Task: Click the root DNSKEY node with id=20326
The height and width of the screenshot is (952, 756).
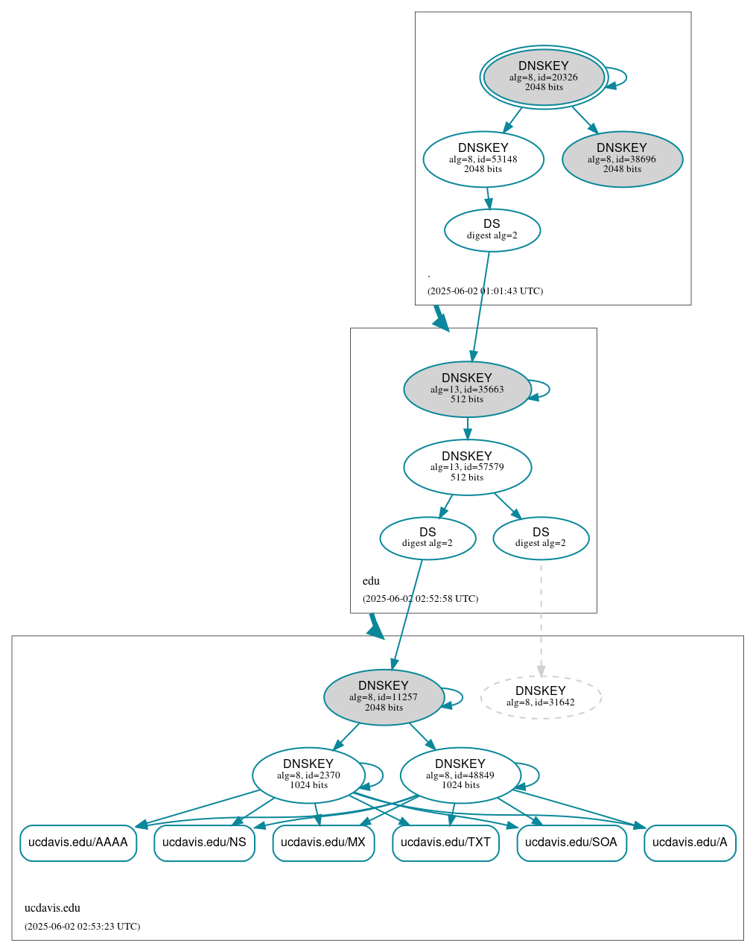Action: pyautogui.click(x=544, y=77)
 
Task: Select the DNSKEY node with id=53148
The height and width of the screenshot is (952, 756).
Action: pyautogui.click(x=483, y=159)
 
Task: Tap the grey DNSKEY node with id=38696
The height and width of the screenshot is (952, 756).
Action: pyautogui.click(x=622, y=159)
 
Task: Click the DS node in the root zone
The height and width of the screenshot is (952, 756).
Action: pyautogui.click(x=492, y=229)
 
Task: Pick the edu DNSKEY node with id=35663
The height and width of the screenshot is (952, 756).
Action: pyautogui.click(x=467, y=389)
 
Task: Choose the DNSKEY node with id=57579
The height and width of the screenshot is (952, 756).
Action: pyautogui.click(x=467, y=467)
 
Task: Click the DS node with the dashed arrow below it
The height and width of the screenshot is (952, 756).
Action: pyautogui.click(x=541, y=538)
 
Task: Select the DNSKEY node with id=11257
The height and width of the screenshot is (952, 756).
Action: pyautogui.click(x=384, y=696)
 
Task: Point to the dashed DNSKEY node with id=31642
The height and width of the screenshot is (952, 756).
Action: pyautogui.click(x=541, y=696)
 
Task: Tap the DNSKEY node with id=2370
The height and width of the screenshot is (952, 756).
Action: pyautogui.click(x=308, y=775)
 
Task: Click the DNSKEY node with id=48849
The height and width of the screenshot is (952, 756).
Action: pyautogui.click(x=460, y=775)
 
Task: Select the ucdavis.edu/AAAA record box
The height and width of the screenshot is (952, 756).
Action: pyautogui.click(x=78, y=842)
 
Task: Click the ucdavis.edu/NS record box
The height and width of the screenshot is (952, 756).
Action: pyautogui.click(x=204, y=842)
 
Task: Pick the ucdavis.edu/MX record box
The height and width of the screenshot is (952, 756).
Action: pyautogui.click(x=323, y=842)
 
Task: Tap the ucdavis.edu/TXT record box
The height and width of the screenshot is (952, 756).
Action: pyautogui.click(x=445, y=842)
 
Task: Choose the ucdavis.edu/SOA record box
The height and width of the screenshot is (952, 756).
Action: pyautogui.click(x=571, y=842)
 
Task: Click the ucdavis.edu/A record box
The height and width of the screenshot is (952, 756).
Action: pyautogui.click(x=690, y=842)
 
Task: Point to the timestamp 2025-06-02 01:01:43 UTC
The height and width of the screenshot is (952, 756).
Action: pyautogui.click(x=485, y=291)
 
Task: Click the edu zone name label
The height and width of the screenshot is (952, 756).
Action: pyautogui.click(x=371, y=581)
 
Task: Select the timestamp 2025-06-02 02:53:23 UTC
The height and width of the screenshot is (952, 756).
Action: pyautogui.click(x=82, y=927)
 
